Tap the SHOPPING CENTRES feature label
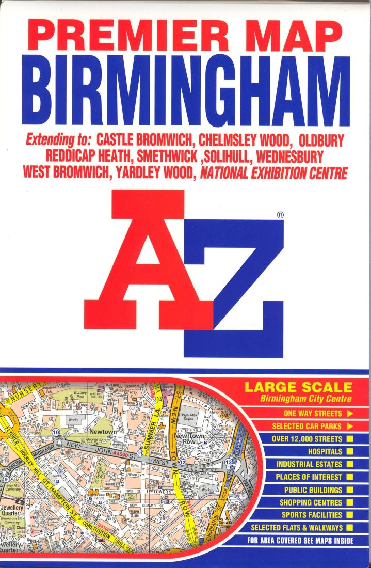311,502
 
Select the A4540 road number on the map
121,453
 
